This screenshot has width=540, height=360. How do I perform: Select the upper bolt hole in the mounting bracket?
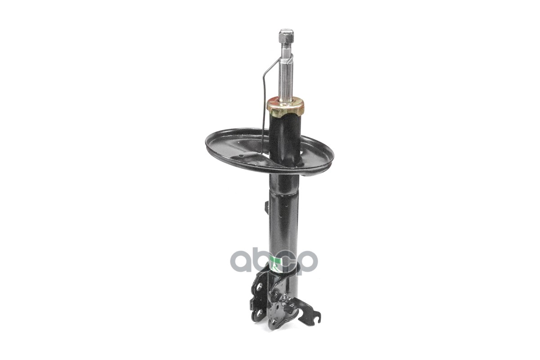[x=261, y=287]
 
